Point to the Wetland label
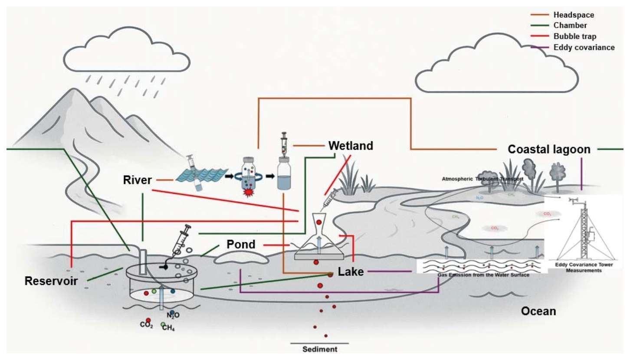coord(351,145)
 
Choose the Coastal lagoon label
coord(549,150)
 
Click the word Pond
coord(241,244)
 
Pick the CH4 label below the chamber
coord(167,327)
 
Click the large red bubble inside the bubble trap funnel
coord(319,223)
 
